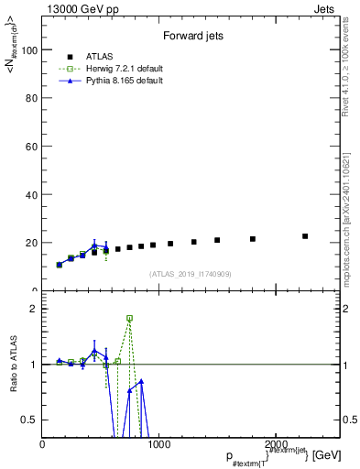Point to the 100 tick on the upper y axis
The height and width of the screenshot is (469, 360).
tap(29, 50)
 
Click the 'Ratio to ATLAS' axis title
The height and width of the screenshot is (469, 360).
tap(13, 365)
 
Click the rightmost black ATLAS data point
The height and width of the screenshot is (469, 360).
tap(305, 236)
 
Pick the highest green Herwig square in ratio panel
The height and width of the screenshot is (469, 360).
tap(129, 318)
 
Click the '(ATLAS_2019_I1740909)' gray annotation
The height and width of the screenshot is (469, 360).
tap(191, 274)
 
